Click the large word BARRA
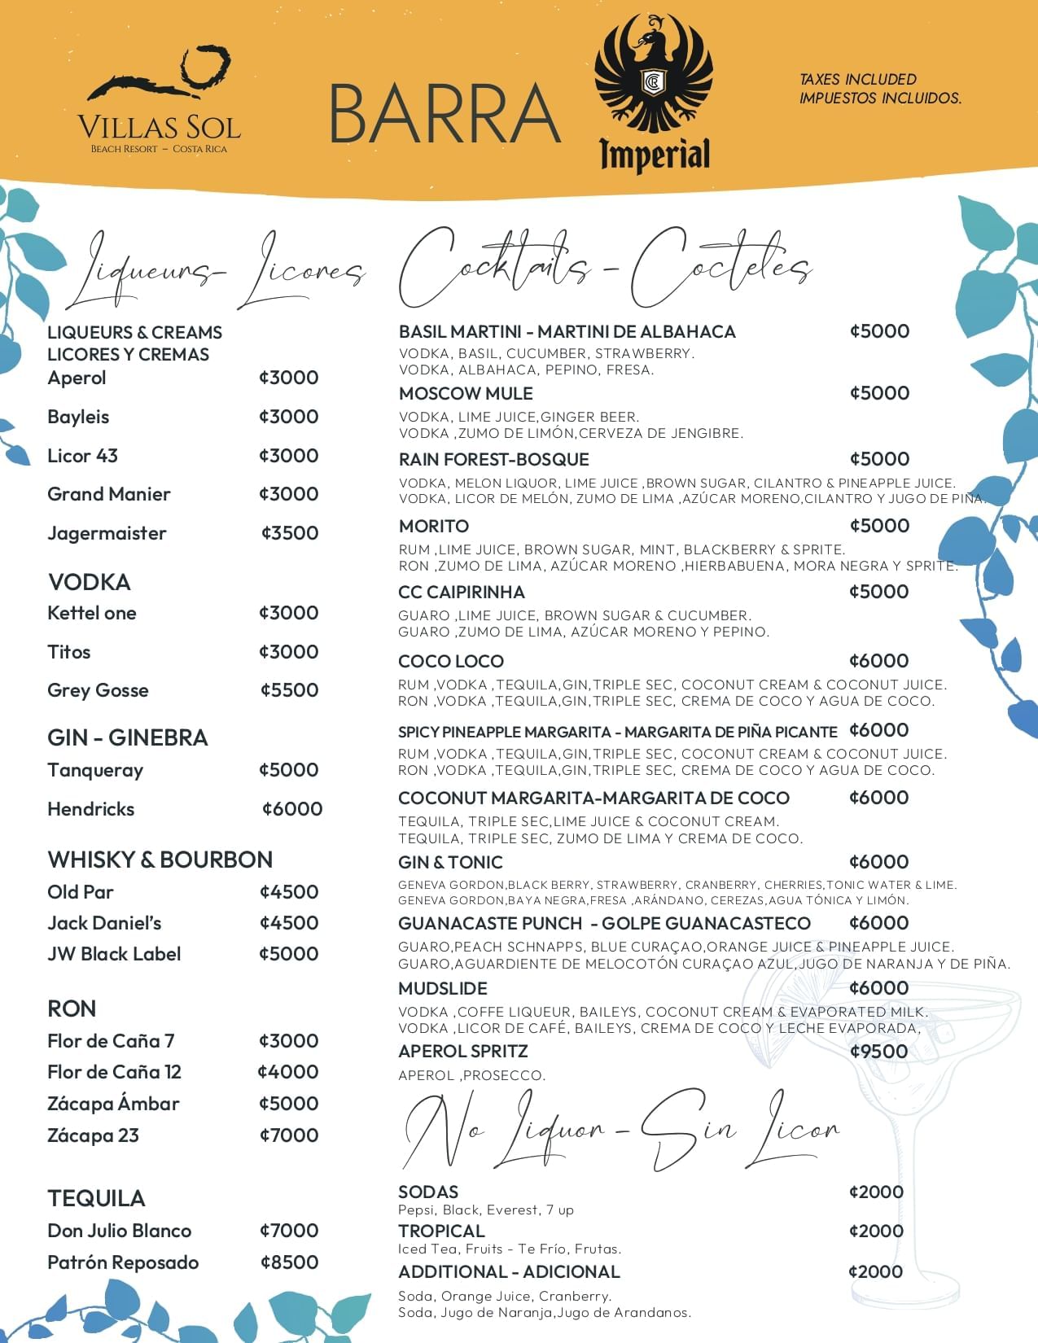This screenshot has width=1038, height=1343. click(445, 114)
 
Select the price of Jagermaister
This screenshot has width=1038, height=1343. click(290, 533)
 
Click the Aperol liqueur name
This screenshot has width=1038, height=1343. click(77, 378)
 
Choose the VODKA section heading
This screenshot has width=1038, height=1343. click(90, 582)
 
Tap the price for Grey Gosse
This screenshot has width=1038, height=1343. click(289, 690)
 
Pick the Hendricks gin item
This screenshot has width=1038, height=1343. click(91, 809)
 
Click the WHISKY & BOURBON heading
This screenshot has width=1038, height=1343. click(160, 860)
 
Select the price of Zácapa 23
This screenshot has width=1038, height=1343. click(289, 1135)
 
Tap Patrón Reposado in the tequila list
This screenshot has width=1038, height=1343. click(123, 1262)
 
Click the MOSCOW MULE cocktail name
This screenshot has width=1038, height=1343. click(466, 394)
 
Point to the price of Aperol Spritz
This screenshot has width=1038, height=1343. click(878, 1052)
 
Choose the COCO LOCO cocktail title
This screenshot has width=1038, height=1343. click(451, 662)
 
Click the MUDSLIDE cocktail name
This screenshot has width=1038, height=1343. click(443, 989)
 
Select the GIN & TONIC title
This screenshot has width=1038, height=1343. click(450, 863)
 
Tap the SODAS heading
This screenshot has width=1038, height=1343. click(428, 1192)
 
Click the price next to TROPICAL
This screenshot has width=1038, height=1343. click(876, 1231)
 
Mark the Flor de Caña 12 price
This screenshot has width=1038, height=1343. click(288, 1072)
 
